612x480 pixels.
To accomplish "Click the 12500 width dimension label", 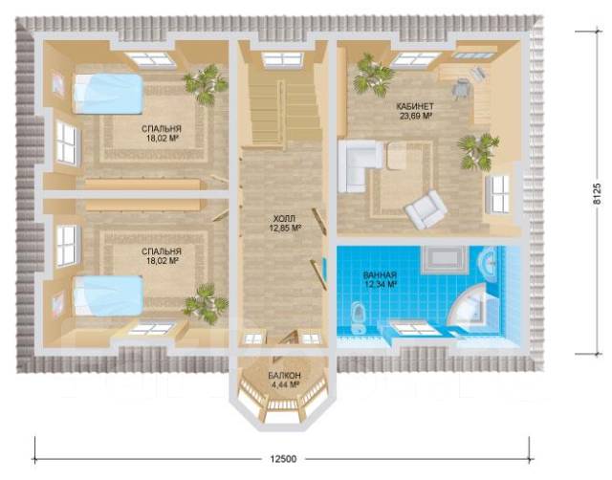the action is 283,459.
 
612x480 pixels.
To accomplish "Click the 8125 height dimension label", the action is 597,193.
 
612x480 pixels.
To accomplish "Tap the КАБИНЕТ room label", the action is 415,106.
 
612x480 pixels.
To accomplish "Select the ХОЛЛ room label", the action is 285,219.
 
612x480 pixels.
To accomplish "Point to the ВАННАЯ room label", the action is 380,274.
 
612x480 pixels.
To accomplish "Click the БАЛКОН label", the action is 284,376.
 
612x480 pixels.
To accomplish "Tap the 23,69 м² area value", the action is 415,116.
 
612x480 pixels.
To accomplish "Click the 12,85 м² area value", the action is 285,228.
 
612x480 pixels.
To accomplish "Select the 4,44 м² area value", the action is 284,384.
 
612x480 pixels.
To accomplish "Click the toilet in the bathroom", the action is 358,316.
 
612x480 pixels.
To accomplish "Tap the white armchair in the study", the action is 426,209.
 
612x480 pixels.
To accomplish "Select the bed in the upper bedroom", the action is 107,94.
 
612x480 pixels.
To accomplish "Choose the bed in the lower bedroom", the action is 108,295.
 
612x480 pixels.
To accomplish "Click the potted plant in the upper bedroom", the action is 206,83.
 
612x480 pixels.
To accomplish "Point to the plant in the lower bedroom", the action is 206,304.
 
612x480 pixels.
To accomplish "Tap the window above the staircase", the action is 282,59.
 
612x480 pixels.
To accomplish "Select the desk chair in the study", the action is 461,89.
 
